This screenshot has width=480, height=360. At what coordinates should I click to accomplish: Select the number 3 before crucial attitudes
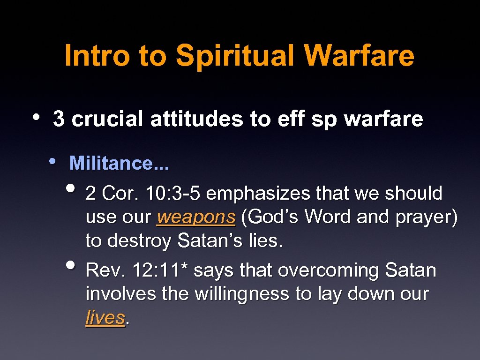pos(59,119)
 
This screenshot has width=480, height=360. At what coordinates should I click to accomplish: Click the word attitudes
pos(197,119)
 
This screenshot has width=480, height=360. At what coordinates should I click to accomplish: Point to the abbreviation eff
pos(292,119)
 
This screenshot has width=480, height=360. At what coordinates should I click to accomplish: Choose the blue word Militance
pos(111,164)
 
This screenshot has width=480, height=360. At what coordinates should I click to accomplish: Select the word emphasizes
pos(258,193)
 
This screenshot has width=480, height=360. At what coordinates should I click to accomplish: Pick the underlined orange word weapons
pos(196,217)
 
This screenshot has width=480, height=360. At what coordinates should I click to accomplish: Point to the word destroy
pos(139,241)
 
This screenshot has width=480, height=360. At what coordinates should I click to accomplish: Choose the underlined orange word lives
pos(105,318)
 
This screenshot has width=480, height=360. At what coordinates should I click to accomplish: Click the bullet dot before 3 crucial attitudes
pos(37,117)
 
